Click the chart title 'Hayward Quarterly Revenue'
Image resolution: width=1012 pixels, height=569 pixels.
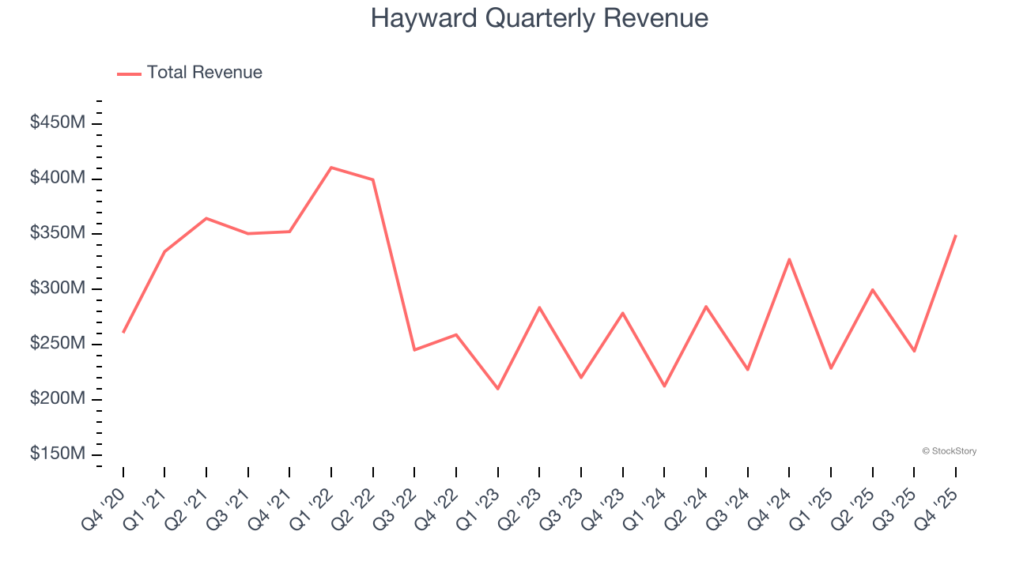click(x=539, y=18)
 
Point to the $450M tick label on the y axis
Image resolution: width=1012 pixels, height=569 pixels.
click(x=58, y=123)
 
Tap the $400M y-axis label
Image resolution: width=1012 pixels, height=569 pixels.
click(x=58, y=179)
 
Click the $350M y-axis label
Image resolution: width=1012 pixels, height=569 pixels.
click(x=58, y=234)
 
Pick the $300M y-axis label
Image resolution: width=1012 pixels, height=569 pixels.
click(x=58, y=288)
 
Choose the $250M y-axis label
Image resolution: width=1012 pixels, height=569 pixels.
click(x=58, y=344)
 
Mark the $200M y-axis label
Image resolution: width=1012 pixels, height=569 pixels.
click(x=58, y=399)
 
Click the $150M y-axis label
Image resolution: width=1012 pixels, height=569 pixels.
click(x=58, y=454)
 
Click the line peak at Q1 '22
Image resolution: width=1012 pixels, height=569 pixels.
click(x=330, y=168)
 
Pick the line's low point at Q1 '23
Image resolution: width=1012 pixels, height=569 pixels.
click(x=497, y=389)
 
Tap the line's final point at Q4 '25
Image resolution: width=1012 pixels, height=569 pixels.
click(x=956, y=236)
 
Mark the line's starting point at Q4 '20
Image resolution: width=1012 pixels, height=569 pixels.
click(x=123, y=332)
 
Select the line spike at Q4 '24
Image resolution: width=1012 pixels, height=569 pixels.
click(x=789, y=259)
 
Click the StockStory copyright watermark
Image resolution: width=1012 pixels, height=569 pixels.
click(x=950, y=451)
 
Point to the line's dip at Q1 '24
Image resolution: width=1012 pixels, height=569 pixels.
click(x=664, y=386)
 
